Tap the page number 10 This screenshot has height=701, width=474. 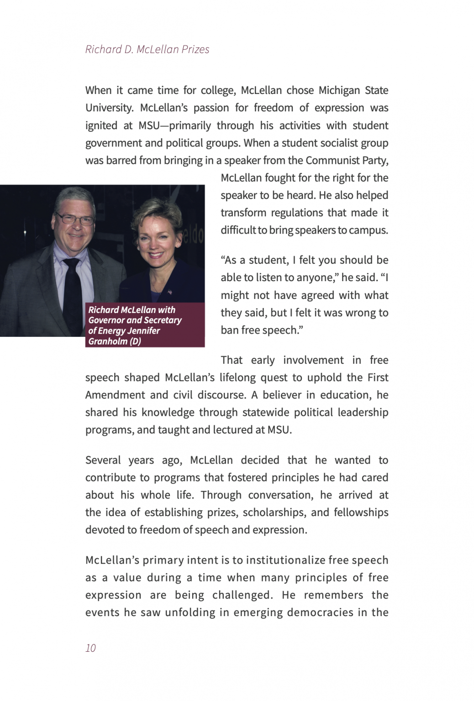pos(90,648)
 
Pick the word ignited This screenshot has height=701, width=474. pos(101,126)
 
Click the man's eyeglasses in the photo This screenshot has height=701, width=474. pos(74,219)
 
